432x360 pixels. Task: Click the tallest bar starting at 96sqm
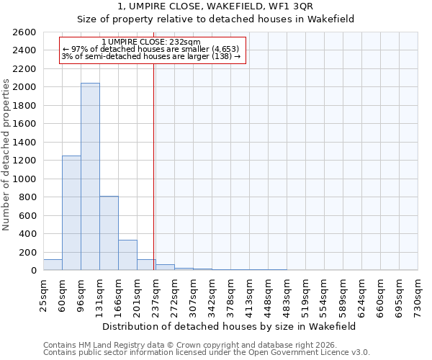tap(90, 176)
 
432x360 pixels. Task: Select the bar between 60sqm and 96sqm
tap(71, 213)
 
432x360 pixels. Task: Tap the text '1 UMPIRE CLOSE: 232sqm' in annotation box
tap(151, 42)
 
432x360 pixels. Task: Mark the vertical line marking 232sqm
tap(154, 166)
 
